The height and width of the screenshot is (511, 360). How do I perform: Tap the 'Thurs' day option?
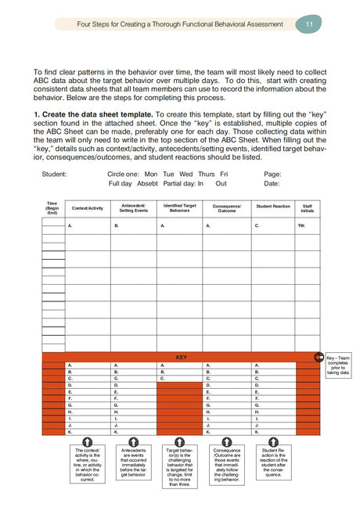[x=207, y=174]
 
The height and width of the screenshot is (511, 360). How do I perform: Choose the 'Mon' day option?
[x=151, y=174]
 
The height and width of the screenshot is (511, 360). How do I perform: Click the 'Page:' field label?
[x=272, y=174]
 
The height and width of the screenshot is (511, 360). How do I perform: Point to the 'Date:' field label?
[x=272, y=184]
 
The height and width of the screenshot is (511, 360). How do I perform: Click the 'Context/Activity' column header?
[x=87, y=208]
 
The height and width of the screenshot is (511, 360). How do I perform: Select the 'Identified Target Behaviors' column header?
[x=179, y=208]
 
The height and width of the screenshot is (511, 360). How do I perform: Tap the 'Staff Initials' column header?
[x=308, y=208]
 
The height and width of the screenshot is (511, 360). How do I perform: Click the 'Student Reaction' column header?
[x=273, y=207]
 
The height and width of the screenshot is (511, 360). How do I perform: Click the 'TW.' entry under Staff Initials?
[x=302, y=225]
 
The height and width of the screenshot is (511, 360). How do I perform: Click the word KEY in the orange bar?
[x=181, y=356]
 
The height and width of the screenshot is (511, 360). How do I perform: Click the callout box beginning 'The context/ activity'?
[x=88, y=466]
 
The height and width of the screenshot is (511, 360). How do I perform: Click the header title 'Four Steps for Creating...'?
[x=180, y=24]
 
